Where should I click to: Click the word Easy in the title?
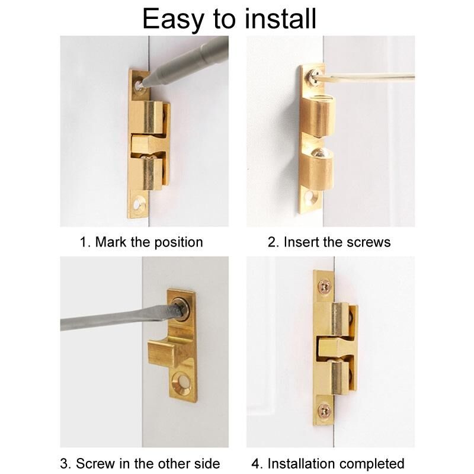pos(173,19)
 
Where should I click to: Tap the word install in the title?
pos(280,18)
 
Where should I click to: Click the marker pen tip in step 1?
pos(144,83)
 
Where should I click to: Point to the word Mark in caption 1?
pos(111,242)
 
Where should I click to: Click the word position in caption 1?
pos(178,243)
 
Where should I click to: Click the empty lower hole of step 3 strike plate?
pos(181,383)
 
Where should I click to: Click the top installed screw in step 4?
pos(324,285)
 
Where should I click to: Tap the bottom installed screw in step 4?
pos(324,410)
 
